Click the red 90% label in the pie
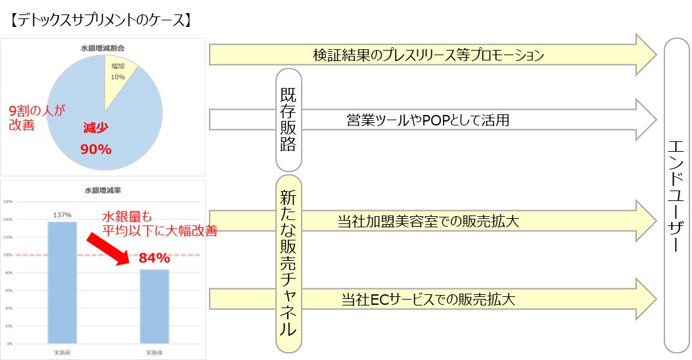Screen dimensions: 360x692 point(96,149)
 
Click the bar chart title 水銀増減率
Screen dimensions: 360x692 point(103,191)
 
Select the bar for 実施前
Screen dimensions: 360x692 point(62,282)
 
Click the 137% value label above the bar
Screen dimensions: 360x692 point(62,214)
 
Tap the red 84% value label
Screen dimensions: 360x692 point(154,258)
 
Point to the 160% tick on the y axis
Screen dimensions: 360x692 point(9,202)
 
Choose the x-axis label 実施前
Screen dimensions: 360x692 point(62,353)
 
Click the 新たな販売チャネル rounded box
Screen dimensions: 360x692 point(288,263)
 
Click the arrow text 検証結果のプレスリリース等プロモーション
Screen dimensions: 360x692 point(428,56)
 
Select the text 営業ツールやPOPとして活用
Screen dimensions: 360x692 point(428,120)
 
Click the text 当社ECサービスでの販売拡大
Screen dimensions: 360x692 point(428,300)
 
